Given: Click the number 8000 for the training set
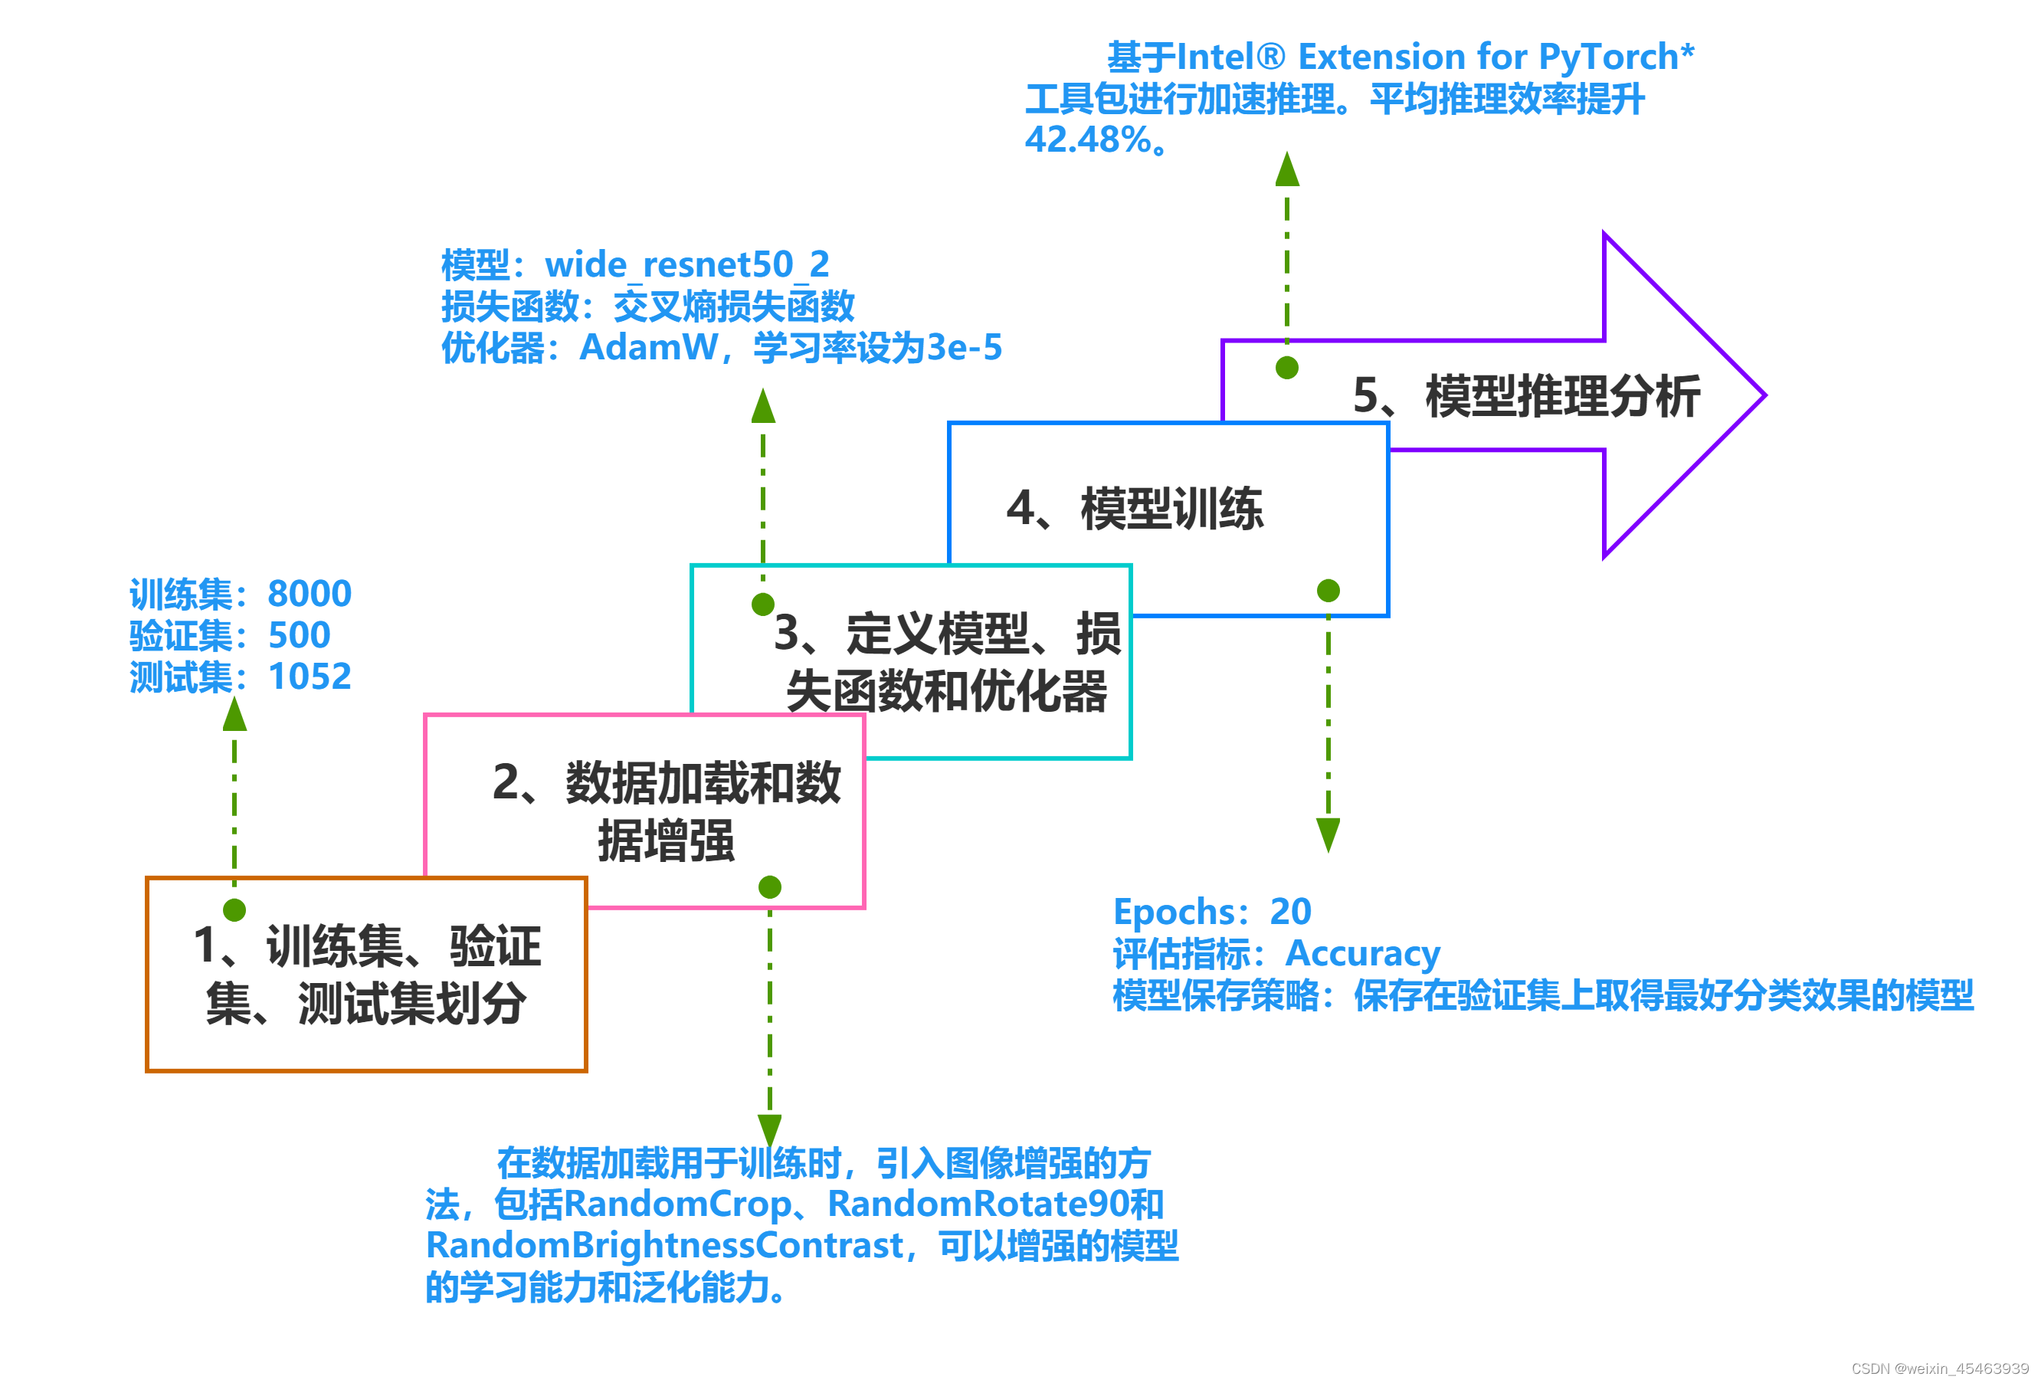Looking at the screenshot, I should [309, 595].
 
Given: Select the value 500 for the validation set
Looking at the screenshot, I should [300, 636].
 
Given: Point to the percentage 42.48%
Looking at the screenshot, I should [1089, 139].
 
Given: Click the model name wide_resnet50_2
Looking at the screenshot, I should [686, 264].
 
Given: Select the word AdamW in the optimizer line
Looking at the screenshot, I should [649, 348].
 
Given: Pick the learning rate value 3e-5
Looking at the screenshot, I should [965, 348].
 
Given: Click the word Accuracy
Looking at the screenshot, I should [1362, 954].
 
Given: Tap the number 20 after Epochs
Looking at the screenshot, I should [1290, 913].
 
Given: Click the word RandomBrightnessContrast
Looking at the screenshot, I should [665, 1246].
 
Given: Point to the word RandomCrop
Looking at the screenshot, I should [677, 1204].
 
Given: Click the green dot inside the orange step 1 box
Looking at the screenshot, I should [234, 910].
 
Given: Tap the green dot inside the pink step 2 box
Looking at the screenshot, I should [770, 888].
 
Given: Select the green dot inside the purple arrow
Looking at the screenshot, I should [1287, 368].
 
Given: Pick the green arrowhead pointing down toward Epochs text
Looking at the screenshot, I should [1328, 834].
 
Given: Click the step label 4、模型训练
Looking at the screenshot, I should [1135, 510].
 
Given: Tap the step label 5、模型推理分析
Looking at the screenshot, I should [1526, 396].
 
